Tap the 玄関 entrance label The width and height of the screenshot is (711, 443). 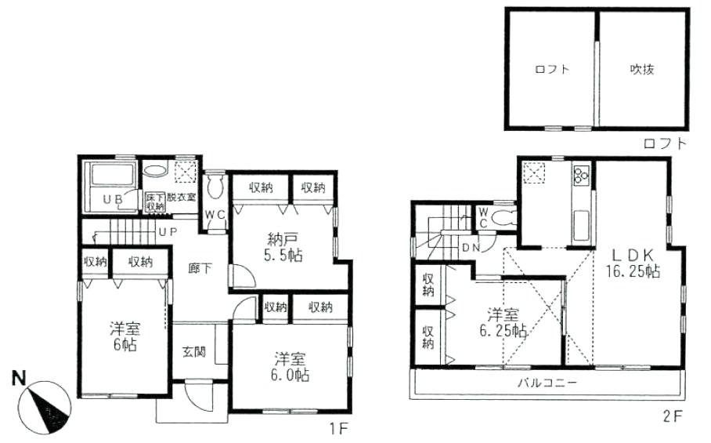pos(194,353)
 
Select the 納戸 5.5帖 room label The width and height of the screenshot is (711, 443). pos(283,247)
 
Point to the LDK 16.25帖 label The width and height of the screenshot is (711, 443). pos(633,263)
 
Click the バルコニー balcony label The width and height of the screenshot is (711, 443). pos(547,383)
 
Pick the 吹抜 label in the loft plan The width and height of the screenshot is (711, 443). pos(642,69)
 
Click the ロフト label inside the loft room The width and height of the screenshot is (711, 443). pos(552,69)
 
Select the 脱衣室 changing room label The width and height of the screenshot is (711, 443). pos(181,197)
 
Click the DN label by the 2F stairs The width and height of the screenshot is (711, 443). pos(471,248)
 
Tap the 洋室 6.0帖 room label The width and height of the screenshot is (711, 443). pos(291,368)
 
